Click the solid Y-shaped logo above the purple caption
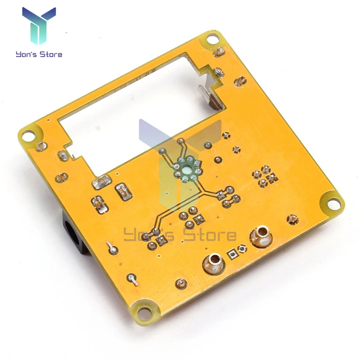coord(39,26)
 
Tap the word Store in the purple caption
coord(51,54)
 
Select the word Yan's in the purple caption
coord(27,54)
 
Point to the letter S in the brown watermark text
coord(190,234)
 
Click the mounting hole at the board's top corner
coord(213,39)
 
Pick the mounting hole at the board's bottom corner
coord(144,313)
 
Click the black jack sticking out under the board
coord(73,234)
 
